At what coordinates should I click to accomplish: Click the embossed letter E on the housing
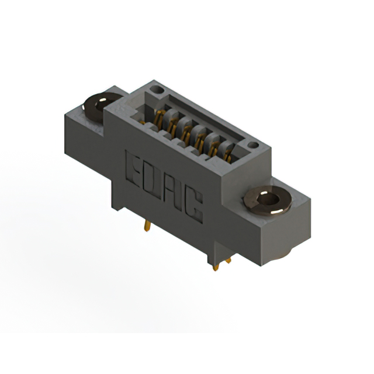coord(133,169)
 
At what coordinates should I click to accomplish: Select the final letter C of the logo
coord(195,206)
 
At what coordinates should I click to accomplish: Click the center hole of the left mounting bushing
coord(101,105)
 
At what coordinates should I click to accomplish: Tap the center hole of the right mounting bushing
coord(269,199)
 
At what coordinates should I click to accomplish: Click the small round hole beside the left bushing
coord(157,89)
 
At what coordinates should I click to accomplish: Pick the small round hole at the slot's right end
coord(253,145)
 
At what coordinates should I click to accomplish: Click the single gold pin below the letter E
coord(147,225)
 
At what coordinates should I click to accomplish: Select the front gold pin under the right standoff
coord(216,267)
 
